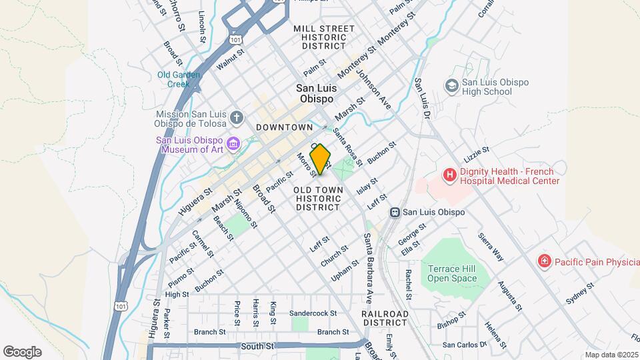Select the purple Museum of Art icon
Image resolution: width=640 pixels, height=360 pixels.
point(233,144)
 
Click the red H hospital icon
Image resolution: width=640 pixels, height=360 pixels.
point(450,175)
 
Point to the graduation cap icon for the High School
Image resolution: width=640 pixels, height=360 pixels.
point(451,86)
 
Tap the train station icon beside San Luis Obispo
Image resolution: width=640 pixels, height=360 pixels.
point(395,212)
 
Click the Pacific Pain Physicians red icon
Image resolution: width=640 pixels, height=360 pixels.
point(545,261)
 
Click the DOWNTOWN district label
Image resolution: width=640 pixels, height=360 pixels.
point(284,127)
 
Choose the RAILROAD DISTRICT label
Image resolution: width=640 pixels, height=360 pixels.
point(385,317)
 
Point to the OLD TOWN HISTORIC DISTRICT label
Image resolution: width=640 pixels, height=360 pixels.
point(319,199)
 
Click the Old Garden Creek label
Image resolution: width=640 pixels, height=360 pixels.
point(178,79)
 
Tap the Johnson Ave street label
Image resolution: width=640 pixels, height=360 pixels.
point(374,91)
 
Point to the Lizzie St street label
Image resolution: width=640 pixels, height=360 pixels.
point(477,155)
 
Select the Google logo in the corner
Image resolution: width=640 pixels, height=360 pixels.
point(22,351)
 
